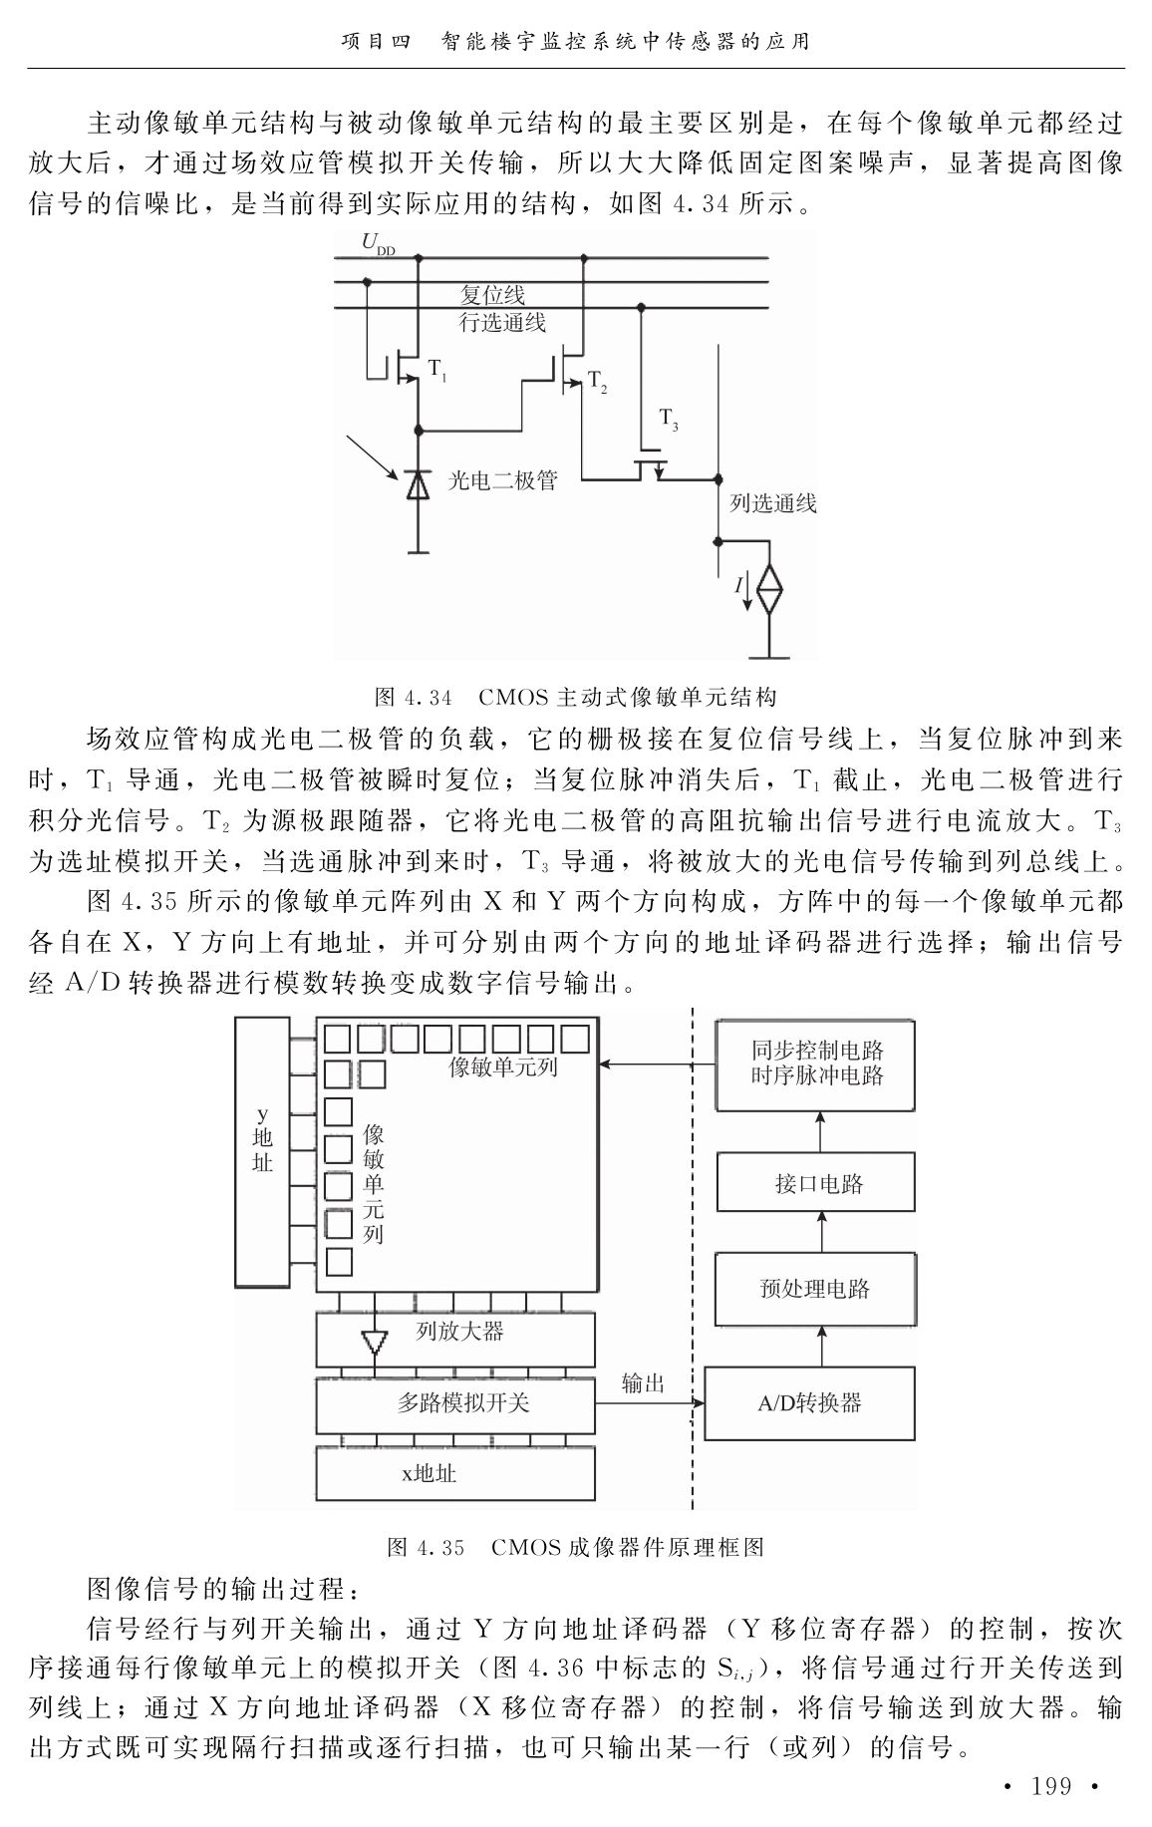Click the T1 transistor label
tap(437, 370)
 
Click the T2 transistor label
tap(597, 382)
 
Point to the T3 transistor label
tap(669, 420)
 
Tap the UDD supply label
tap(378, 243)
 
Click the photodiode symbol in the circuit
tap(418, 483)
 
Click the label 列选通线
tap(773, 503)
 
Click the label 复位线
tap(492, 296)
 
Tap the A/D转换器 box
tap(809, 1403)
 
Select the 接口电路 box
tap(816, 1183)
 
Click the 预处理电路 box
tap(815, 1289)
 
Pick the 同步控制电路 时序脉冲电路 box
tap(817, 1065)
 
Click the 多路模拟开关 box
tap(455, 1405)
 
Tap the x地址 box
tap(455, 1473)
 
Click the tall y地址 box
tap(262, 1151)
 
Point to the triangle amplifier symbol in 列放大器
tap(374, 1341)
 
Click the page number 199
tap(1051, 1786)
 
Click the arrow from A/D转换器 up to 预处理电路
tap(821, 1346)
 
